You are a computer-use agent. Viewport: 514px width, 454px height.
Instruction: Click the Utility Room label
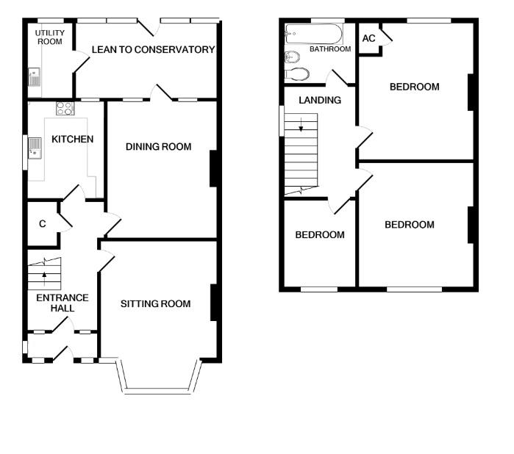50,37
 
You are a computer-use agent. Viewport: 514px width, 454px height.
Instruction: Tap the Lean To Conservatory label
153,50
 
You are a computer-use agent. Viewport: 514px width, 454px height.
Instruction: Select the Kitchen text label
72,139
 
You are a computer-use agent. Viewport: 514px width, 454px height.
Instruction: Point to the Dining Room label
158,147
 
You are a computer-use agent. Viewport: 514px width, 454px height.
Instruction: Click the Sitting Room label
155,303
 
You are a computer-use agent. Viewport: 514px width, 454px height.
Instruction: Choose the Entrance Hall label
63,303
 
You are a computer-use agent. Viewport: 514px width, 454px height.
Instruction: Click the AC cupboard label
368,38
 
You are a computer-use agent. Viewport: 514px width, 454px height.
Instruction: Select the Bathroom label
330,50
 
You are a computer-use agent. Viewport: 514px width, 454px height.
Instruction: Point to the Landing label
319,100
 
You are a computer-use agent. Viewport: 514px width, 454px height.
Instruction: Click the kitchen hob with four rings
65,109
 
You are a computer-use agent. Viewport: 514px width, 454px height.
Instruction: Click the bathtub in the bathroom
313,33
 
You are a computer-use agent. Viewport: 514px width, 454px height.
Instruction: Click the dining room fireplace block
213,168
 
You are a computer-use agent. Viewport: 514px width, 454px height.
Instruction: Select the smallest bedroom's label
320,235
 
